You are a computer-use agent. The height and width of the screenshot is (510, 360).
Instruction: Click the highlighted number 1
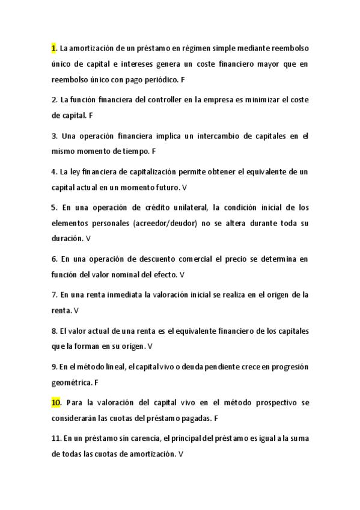tap(53, 48)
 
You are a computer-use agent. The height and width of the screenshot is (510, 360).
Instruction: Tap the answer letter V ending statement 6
tap(182, 274)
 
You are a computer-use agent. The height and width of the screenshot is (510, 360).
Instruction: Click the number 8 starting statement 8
tap(54, 331)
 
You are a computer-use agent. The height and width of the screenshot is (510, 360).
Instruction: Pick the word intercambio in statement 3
tap(209, 136)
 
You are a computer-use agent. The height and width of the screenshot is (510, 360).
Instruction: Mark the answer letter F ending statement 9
tap(96, 382)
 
